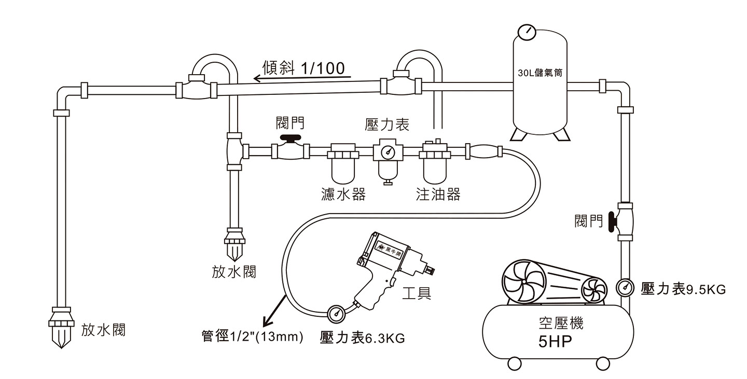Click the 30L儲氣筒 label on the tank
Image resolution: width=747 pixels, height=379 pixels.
coord(540,73)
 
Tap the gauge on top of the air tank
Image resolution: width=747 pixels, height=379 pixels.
coord(527,32)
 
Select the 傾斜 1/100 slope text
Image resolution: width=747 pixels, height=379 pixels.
coord(304,68)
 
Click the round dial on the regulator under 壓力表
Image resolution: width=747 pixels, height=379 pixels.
coord(386,152)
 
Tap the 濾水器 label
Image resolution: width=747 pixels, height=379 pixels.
coord(343,194)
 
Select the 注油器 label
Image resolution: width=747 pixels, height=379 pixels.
coord(438,194)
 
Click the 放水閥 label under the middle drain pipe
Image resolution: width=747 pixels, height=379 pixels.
coord(233,272)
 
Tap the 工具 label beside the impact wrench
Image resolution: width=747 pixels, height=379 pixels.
coord(417,293)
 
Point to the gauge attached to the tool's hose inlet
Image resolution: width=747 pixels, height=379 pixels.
coord(336,313)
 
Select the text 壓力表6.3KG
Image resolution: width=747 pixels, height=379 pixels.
coord(363,338)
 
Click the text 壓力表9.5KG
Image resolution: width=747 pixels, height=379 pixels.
coord(683,289)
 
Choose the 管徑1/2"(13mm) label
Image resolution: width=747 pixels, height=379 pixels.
coord(252,336)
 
